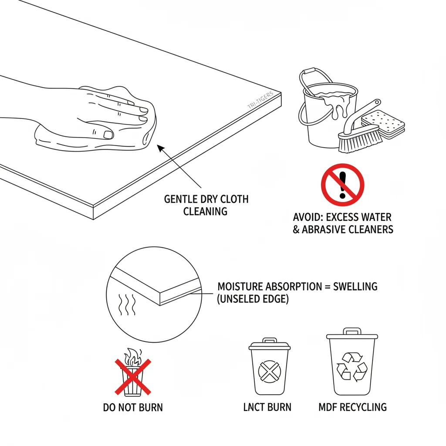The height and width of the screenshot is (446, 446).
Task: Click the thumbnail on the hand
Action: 108,135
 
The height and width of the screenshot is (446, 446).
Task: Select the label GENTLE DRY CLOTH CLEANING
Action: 206,205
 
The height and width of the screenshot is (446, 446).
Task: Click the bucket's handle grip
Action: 309,71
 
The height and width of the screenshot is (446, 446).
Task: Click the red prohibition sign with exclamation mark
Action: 342,184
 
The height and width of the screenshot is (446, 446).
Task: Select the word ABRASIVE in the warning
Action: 325,229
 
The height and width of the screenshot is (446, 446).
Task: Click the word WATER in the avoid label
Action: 376,217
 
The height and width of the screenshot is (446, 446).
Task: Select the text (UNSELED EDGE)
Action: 253,300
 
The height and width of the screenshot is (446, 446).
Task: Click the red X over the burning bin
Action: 133,377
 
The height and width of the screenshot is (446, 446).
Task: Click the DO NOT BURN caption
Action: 133,408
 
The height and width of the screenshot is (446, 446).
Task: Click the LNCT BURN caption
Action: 267,408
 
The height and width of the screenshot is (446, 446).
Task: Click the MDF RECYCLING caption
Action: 352,408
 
